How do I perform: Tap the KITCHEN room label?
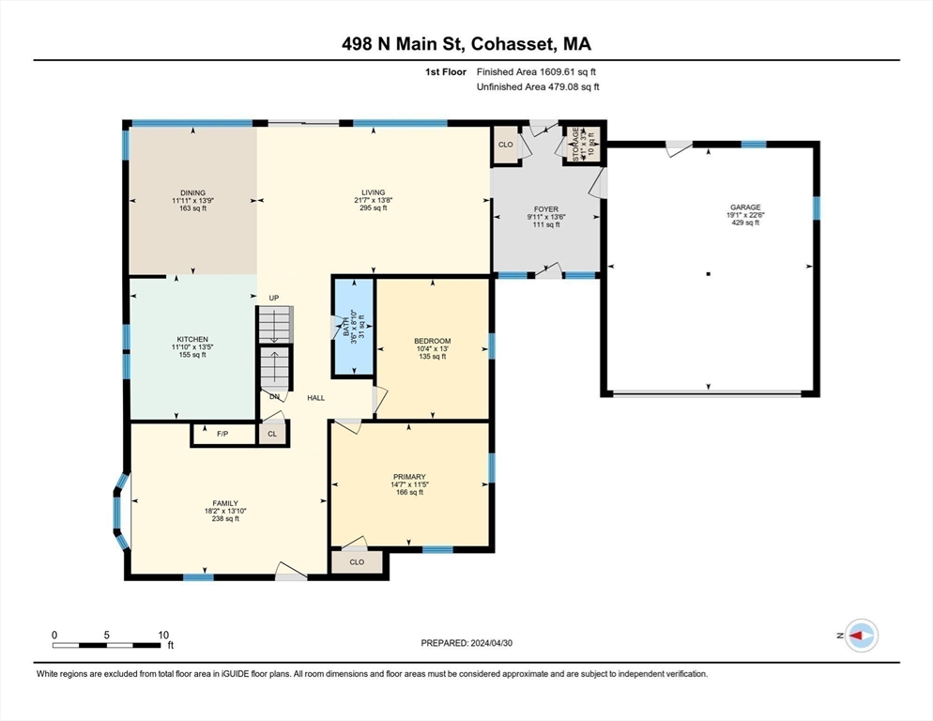[x=192, y=339]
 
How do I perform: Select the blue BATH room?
[x=353, y=326]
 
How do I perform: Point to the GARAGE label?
[x=746, y=207]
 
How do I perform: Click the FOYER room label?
[x=546, y=209]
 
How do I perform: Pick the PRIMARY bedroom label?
[x=409, y=477]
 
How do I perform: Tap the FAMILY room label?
[x=224, y=502]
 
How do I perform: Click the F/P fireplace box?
[x=222, y=435]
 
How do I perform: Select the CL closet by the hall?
[x=272, y=435]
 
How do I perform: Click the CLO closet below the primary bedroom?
[x=357, y=562]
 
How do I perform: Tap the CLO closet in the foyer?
[x=505, y=145]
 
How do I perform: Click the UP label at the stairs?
[x=274, y=298]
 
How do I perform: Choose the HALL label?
[x=316, y=398]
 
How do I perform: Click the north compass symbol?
[x=860, y=636]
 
